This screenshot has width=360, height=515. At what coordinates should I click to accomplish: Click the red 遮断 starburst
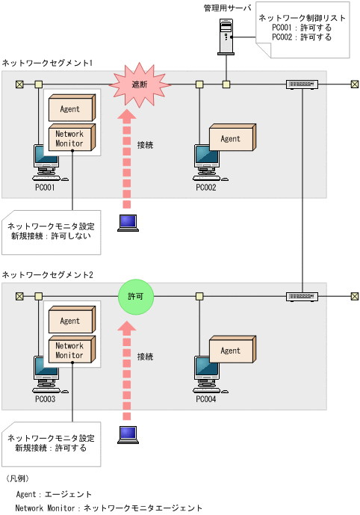tap(140, 84)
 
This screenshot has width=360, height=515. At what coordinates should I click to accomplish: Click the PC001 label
tap(46, 188)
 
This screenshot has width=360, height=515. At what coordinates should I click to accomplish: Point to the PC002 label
tap(206, 188)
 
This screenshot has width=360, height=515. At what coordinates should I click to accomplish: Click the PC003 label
tap(46, 399)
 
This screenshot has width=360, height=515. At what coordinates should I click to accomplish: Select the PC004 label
tap(206, 399)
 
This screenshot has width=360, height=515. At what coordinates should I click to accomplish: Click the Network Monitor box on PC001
tap(69, 139)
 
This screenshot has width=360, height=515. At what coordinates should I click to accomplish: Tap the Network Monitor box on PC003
tap(69, 351)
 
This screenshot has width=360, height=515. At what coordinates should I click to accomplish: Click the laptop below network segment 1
tap(128, 223)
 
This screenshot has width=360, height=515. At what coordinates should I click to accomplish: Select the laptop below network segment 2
tap(128, 434)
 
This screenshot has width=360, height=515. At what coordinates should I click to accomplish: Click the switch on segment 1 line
tap(302, 84)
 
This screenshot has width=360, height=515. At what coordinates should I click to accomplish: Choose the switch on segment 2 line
tap(302, 297)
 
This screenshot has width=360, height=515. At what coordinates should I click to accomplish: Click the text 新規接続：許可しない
tap(51, 235)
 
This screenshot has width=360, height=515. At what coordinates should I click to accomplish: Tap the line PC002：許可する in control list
tap(302, 37)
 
